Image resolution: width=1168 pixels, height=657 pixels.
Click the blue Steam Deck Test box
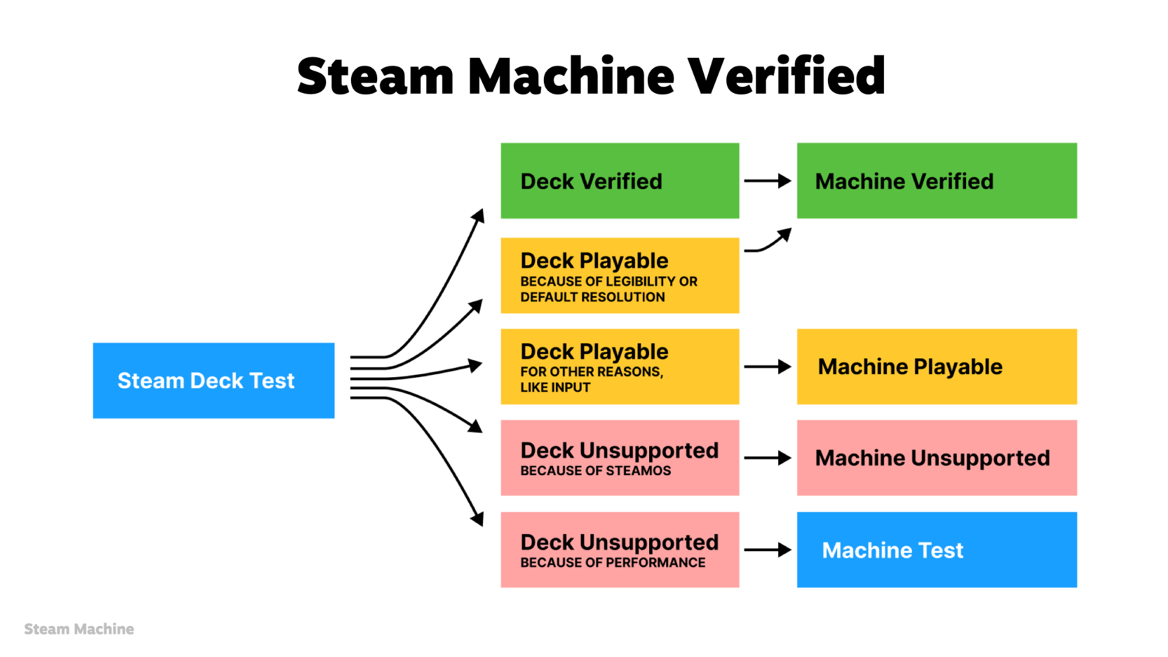214,380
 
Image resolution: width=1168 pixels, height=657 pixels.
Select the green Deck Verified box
619,181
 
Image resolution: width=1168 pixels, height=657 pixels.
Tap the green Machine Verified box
936,181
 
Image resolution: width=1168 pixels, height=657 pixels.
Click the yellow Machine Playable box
936,366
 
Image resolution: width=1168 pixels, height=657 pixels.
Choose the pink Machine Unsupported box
936,457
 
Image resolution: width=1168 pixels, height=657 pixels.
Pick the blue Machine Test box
936,549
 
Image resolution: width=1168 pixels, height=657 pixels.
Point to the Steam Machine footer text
79,629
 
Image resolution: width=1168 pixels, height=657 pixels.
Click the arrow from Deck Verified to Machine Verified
766,181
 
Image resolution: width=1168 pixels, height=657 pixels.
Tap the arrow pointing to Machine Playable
766,367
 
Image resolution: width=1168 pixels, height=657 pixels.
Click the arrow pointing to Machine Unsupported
766,458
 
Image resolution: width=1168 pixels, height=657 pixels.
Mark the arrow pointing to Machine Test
766,550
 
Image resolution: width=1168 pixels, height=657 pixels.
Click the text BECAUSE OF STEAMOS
596,471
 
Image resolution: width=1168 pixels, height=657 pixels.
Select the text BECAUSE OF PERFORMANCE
613,563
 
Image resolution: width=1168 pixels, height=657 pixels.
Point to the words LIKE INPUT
555,388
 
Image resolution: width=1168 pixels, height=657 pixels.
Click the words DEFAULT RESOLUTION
593,297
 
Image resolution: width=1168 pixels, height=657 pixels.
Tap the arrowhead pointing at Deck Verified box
479,216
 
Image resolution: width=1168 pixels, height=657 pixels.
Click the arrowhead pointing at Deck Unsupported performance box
478,519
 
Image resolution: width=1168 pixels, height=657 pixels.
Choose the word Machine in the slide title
571,76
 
